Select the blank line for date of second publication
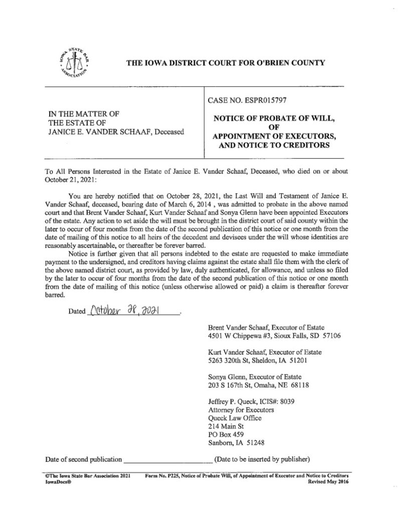tap(167, 459)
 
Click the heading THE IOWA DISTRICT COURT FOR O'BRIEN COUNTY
tap(225, 63)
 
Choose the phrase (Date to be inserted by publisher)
tap(263, 459)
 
